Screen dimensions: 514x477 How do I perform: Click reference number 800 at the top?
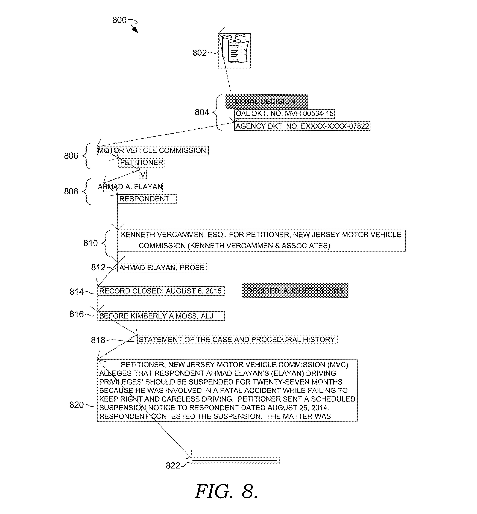point(119,20)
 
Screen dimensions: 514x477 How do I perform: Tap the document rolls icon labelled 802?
point(234,51)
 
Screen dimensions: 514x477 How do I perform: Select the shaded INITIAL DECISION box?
point(267,101)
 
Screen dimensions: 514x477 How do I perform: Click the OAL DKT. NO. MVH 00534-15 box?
point(285,113)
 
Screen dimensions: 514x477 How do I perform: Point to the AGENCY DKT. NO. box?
point(302,126)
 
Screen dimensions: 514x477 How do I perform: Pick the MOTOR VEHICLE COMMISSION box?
point(153,150)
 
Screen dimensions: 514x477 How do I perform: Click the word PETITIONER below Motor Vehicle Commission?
point(142,163)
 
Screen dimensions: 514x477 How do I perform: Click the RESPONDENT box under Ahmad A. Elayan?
point(147,199)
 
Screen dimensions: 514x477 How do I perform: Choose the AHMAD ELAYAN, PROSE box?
point(162,268)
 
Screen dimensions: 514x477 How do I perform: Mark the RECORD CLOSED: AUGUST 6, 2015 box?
point(161,291)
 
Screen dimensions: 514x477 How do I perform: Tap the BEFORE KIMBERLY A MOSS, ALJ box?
point(161,316)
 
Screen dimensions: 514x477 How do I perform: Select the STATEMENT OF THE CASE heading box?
point(237,339)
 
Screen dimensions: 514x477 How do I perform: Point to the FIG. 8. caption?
point(226,491)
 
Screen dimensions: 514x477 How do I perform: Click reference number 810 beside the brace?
point(91,243)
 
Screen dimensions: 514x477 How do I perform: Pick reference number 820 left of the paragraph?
point(76,405)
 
